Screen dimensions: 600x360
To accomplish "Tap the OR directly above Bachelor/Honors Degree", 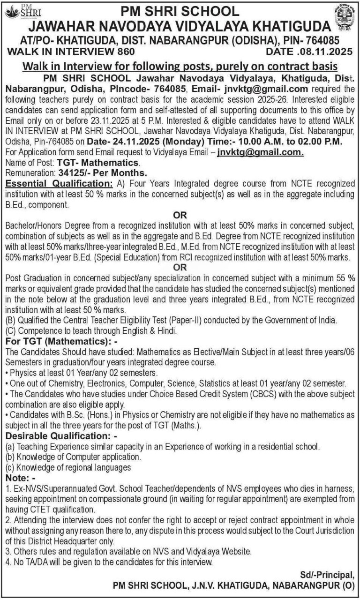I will (180, 215).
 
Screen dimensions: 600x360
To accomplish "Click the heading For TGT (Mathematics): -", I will (61, 340).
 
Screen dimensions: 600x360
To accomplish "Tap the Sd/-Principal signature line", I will (327, 575).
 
